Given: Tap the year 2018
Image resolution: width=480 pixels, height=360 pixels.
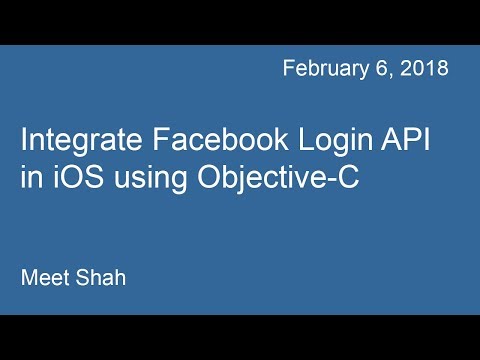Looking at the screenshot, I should click(x=424, y=69).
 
